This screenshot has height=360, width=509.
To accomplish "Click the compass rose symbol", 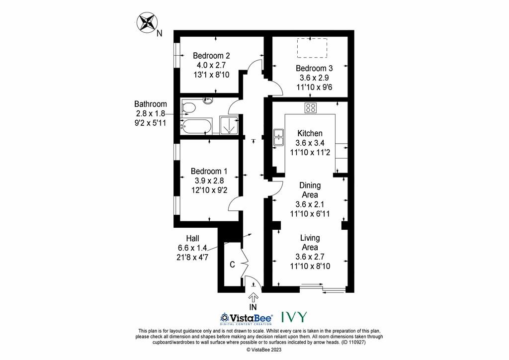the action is click(x=147, y=22).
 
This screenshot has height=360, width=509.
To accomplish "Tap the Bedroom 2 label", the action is click(x=211, y=56).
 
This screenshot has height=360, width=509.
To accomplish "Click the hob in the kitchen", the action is click(x=311, y=108).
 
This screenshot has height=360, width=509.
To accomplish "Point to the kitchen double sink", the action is click(x=278, y=137).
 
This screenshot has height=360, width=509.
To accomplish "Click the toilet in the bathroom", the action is click(x=188, y=107).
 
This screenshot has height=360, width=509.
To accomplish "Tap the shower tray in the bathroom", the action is click(x=229, y=125).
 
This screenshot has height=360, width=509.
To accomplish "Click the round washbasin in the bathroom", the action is click(x=208, y=100).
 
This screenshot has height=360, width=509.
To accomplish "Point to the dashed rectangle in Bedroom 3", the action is click(x=312, y=48).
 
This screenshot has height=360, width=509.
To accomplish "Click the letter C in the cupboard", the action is click(x=232, y=265).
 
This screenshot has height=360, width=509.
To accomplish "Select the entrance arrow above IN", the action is click(x=253, y=297).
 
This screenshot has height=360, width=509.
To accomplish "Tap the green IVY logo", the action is click(x=294, y=317).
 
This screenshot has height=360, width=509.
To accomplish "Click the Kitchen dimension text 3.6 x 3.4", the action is click(x=310, y=143).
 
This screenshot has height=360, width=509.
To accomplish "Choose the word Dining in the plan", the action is click(x=310, y=185).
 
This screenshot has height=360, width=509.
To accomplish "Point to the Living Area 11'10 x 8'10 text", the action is click(x=310, y=266).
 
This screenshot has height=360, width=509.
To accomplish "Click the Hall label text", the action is click(x=192, y=239).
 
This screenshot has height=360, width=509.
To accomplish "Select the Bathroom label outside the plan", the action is click(x=151, y=104).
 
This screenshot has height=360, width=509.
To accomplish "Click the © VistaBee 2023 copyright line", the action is click(x=264, y=350).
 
